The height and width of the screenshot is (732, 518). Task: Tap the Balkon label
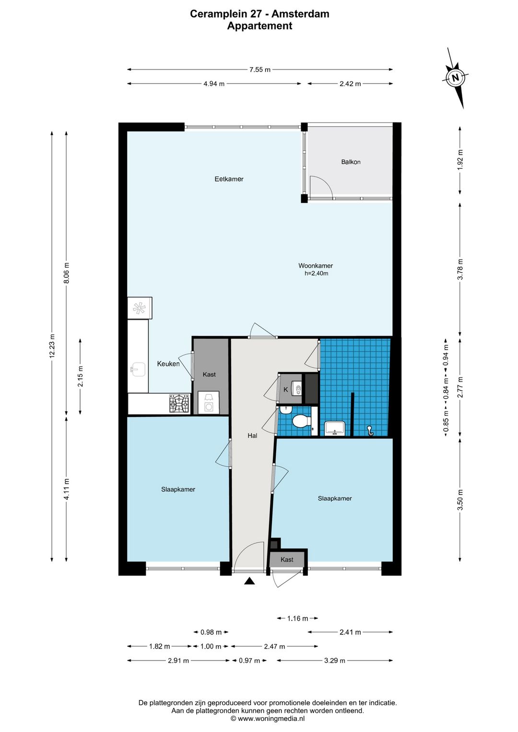(x=351, y=162)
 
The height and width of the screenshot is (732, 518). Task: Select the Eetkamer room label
(x=229, y=179)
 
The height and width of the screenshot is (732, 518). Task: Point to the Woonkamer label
(x=316, y=266)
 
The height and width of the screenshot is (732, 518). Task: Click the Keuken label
(x=168, y=364)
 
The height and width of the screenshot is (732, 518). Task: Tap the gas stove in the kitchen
(x=179, y=403)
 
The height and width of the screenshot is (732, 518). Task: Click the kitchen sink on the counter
(x=138, y=369)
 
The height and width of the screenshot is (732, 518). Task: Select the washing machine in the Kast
(x=208, y=403)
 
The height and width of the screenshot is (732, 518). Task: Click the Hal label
(x=252, y=436)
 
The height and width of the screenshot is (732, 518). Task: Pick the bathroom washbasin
(x=335, y=428)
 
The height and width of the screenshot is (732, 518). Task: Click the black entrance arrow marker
(x=250, y=581)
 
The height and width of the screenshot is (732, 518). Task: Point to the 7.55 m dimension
(x=260, y=69)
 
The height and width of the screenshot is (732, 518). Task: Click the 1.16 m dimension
(x=297, y=618)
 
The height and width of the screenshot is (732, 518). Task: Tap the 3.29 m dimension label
(x=335, y=661)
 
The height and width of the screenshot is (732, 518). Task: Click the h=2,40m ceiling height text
(x=316, y=273)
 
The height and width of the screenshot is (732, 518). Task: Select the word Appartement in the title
(x=259, y=26)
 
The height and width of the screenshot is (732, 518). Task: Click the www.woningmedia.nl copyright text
(x=268, y=719)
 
